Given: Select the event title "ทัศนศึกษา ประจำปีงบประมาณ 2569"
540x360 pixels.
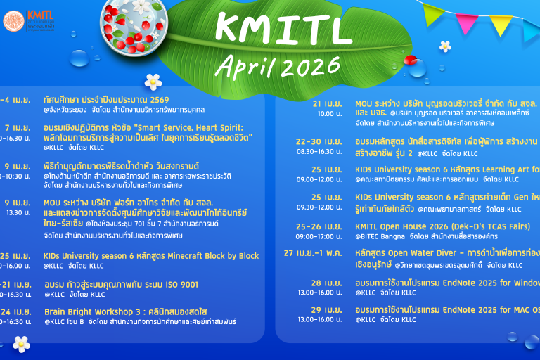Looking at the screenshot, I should [106, 99].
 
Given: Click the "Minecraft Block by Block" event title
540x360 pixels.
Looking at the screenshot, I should [151, 256].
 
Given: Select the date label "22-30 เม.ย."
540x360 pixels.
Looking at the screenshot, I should [319, 142].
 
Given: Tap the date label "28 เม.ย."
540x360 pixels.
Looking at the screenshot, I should [327, 282].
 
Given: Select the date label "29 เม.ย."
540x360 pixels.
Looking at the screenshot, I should [327, 309].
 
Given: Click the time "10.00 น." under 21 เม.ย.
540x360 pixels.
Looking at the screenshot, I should [330, 113].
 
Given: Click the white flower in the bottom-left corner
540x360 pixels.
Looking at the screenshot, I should [21, 344].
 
